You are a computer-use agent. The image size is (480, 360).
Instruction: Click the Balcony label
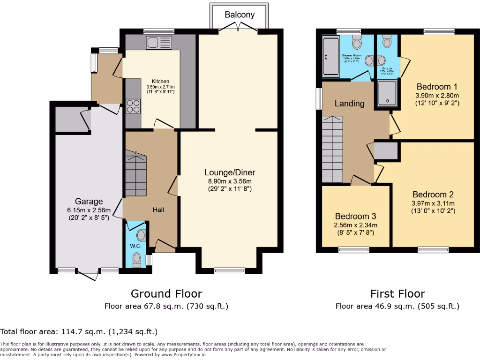240,15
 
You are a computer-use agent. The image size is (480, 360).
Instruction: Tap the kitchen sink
159,43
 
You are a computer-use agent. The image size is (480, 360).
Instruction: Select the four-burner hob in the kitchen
133,106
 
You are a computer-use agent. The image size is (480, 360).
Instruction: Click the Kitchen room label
160,81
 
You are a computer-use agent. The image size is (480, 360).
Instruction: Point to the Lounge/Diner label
230,172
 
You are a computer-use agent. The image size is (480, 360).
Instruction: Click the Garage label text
89,202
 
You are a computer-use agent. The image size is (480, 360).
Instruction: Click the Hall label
158,210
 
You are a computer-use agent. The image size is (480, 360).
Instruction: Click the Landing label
349,103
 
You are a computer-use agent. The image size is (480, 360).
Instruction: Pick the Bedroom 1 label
437,87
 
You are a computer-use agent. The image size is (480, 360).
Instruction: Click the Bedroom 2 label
433,195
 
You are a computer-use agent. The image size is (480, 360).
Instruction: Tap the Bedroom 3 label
355,217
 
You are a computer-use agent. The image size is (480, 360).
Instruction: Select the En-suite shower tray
387,93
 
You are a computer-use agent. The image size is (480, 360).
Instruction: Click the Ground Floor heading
166,294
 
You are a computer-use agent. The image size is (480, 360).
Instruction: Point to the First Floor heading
397,294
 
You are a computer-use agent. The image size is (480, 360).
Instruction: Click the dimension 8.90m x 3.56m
230,181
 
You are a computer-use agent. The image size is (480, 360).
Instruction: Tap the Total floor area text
79,332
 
